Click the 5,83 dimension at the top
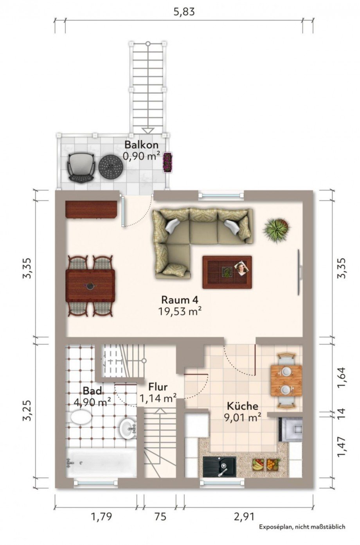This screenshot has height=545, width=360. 184,11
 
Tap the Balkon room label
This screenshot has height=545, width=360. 141,145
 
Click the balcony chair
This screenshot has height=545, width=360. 81,167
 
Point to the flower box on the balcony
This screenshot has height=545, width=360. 167,162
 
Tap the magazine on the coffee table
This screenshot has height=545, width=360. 241,268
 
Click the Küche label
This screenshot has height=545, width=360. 243,406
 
